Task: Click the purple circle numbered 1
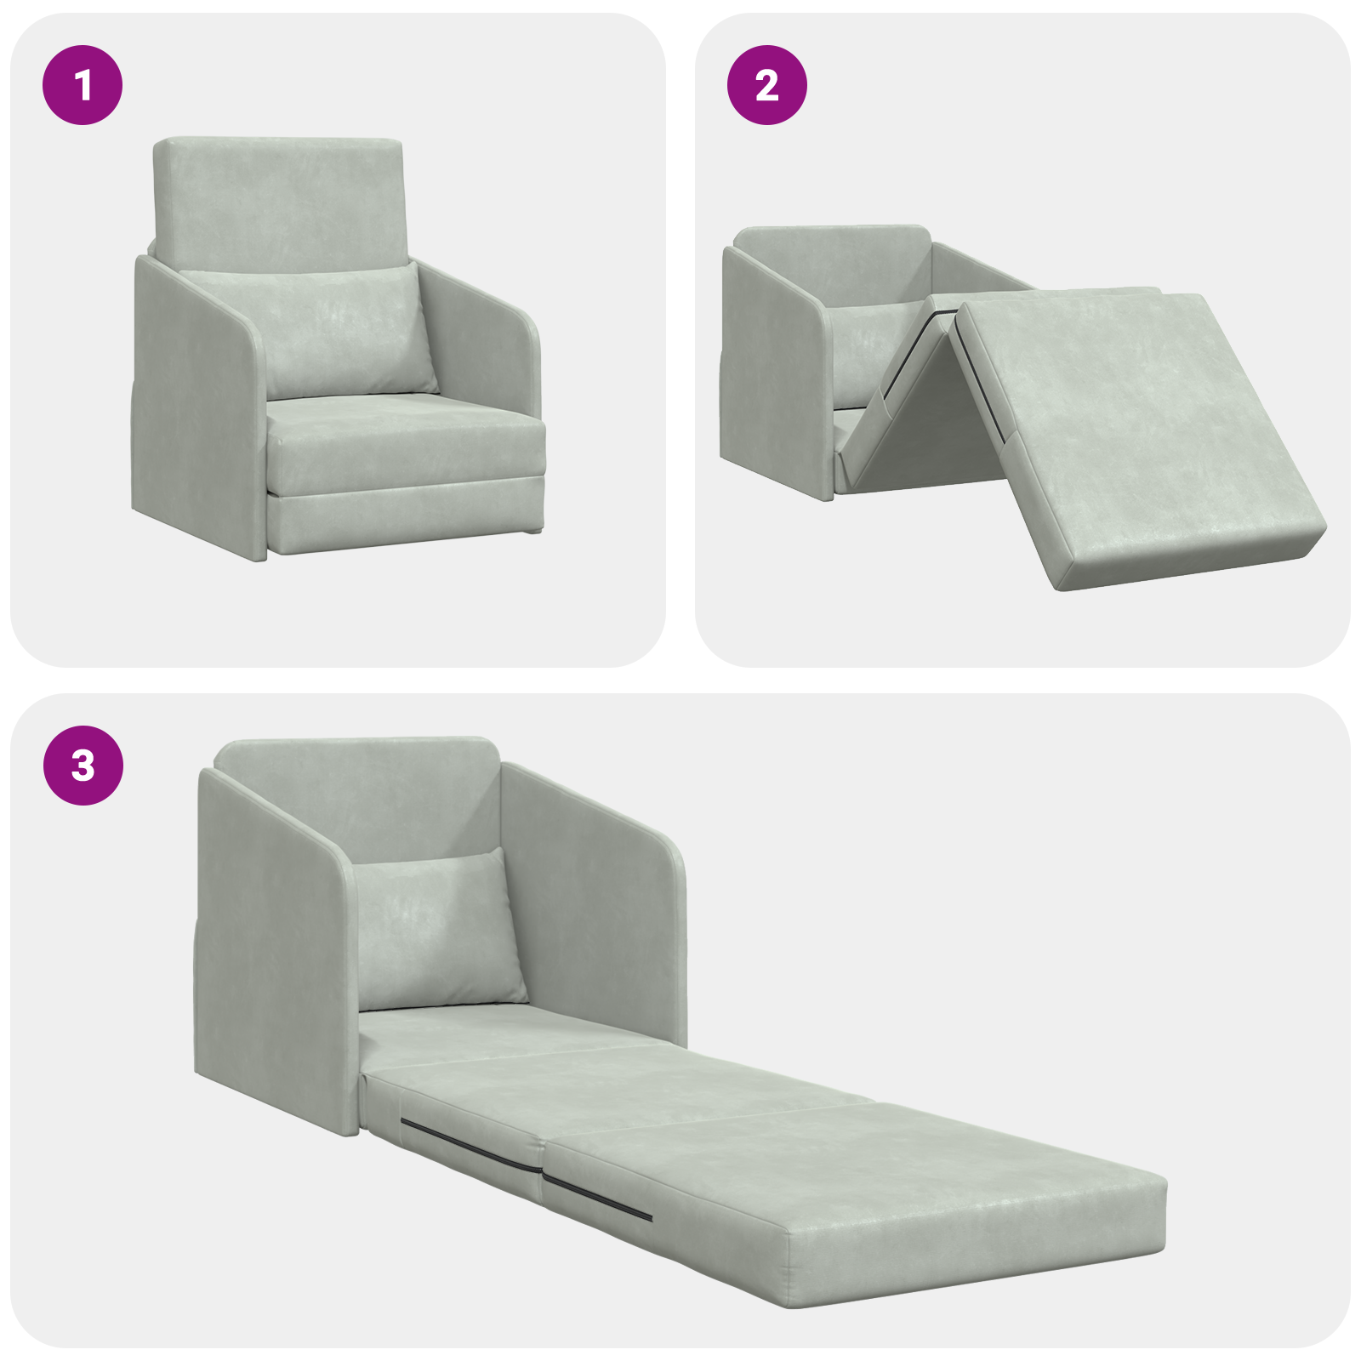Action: tap(83, 85)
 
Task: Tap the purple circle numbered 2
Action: tap(766, 85)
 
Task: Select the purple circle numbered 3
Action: tap(83, 765)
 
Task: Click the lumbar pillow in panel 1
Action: tap(340, 332)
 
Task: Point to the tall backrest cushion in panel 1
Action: tap(278, 200)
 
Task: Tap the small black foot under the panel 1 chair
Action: tap(533, 531)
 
